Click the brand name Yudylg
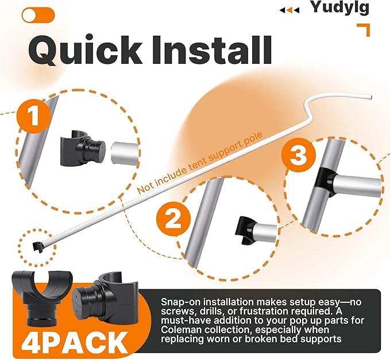(x=340, y=7)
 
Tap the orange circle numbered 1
(x=34, y=116)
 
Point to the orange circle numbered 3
(x=299, y=155)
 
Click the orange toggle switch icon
(x=38, y=15)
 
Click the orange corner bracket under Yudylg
(x=364, y=30)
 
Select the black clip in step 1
(x=83, y=148)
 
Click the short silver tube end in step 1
(x=125, y=153)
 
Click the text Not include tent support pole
(x=200, y=163)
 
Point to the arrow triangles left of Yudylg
(x=289, y=10)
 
